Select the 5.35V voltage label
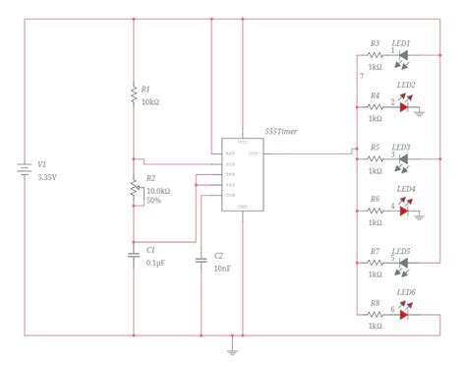coord(47,179)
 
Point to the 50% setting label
coord(153,201)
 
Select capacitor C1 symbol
coord(134,255)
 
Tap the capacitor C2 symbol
coord(202,261)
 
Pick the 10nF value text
coord(223,268)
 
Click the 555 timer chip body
coord(243,172)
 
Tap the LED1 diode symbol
coord(402,56)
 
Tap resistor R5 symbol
coord(376,158)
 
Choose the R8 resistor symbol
coord(376,315)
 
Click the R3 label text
coord(376,44)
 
